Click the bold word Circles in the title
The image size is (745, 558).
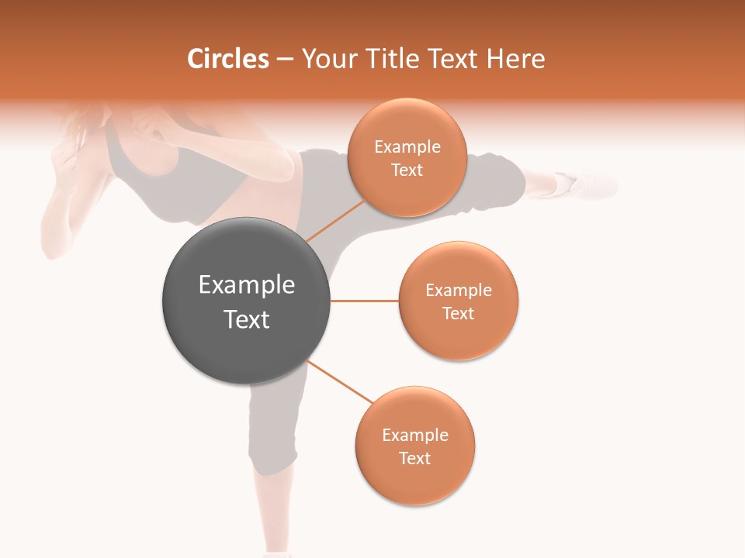[x=228, y=59]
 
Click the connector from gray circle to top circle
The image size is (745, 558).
[x=334, y=221]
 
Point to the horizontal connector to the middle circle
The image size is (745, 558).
[x=364, y=301]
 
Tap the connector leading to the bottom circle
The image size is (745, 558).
[x=341, y=382]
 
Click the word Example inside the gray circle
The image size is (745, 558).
[x=247, y=285]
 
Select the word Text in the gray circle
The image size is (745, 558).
[x=247, y=319]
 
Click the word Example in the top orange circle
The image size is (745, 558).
[x=407, y=147]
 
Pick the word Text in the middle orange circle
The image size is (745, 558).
[x=458, y=313]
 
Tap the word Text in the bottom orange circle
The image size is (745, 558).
[x=414, y=458]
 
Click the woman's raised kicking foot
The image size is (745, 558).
[x=590, y=184]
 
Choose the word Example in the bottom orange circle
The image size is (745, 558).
[x=414, y=435]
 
